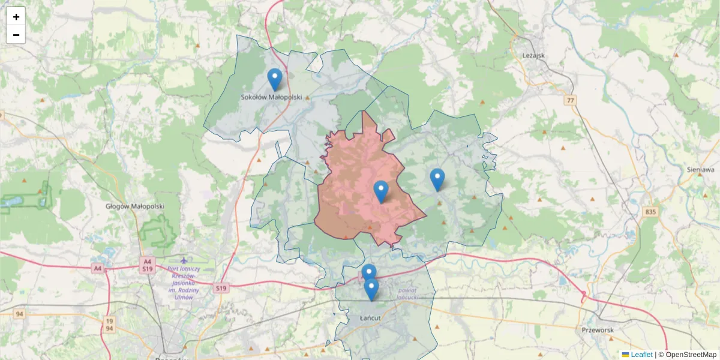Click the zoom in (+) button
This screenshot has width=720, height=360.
pyautogui.click(x=16, y=17)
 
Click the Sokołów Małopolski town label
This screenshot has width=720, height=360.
pyautogui.click(x=271, y=97)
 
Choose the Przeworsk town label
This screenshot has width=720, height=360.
pyautogui.click(x=598, y=330)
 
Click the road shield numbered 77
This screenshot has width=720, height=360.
pyautogui.click(x=570, y=100)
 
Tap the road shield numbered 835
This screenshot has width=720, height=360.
pyautogui.click(x=652, y=212)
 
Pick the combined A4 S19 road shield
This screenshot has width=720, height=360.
pyautogui.click(x=147, y=266)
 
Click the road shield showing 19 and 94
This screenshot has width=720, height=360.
pyautogui.click(x=109, y=324)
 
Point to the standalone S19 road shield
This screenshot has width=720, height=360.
pyautogui.click(x=221, y=289)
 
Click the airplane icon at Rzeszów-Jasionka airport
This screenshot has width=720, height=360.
pyautogui.click(x=183, y=260)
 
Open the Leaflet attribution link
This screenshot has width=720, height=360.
pyautogui.click(x=641, y=355)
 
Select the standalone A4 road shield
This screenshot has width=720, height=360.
pyautogui.click(x=97, y=269)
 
